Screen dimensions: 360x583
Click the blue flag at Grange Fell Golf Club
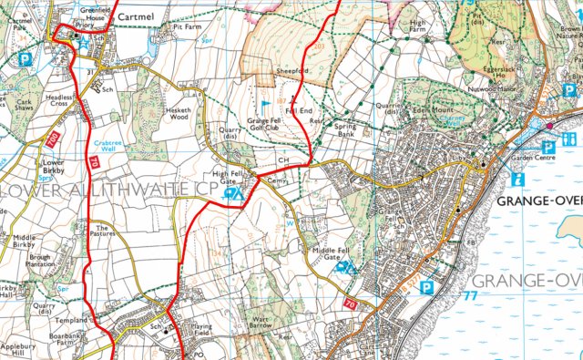coord(267,91)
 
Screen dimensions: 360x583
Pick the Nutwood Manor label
coord(487,90)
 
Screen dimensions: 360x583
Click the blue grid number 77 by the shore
coord(469,297)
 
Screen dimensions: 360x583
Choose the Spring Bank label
coord(344,129)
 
